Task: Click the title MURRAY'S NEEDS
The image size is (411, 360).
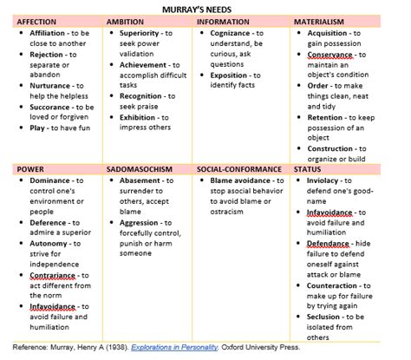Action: [x=205, y=8]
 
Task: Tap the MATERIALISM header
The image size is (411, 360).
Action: [x=319, y=21]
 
